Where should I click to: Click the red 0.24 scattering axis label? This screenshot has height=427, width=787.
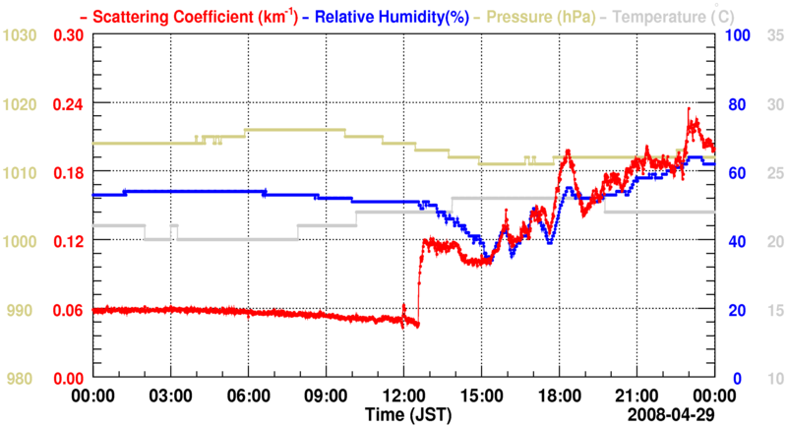[x=68, y=104]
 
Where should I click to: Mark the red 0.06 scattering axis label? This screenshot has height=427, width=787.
[x=68, y=311]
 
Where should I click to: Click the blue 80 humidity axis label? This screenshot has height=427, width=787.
[x=736, y=104]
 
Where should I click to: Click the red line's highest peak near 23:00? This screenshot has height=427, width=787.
[x=690, y=109]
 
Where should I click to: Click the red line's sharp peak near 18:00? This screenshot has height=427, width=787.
[x=566, y=152]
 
